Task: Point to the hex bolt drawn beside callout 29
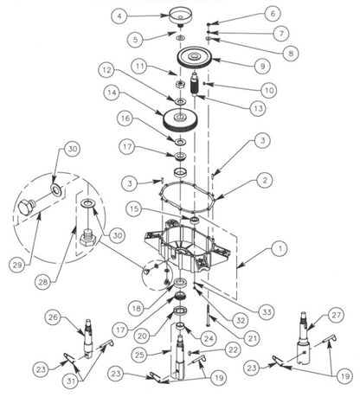pos(25,207)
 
